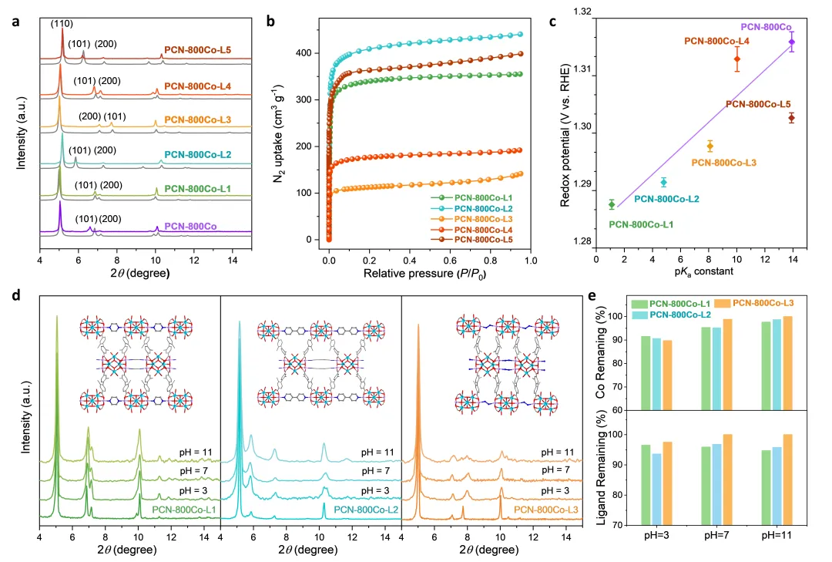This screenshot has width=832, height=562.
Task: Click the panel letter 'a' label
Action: pos(15,21)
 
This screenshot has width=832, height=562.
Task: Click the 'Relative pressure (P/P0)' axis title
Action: pos(429,274)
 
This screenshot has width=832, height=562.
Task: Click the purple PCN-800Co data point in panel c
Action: pos(792,42)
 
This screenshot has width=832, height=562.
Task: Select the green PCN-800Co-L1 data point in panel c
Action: pos(612,204)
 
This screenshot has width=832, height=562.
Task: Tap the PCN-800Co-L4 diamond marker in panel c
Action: pos(737,59)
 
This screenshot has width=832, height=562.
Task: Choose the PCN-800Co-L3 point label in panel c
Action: pos(723,163)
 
